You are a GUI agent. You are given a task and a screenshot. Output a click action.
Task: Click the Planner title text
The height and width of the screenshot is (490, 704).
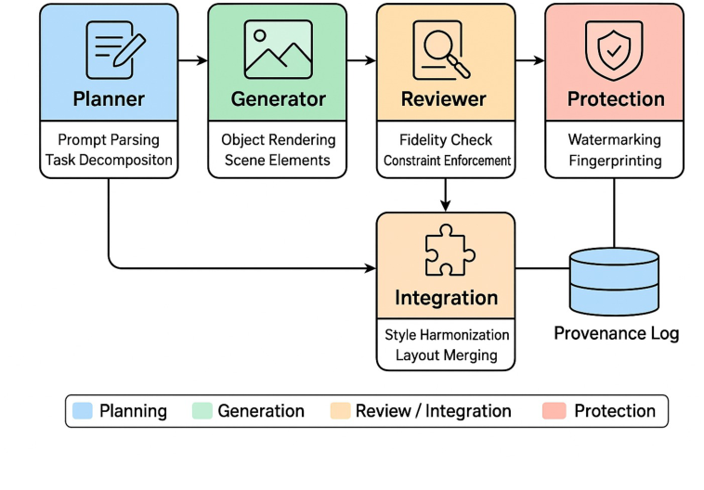pyautogui.click(x=110, y=99)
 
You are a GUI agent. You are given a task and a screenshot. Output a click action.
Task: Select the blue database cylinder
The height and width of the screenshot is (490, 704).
pyautogui.click(x=615, y=281)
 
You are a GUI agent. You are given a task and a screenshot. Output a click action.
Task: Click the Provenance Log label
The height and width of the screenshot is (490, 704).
pyautogui.click(x=616, y=333)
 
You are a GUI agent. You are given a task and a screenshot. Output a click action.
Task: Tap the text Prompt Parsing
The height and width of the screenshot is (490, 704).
pyautogui.click(x=110, y=140)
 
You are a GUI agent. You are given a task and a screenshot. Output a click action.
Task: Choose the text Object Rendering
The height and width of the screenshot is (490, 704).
pyautogui.click(x=278, y=140)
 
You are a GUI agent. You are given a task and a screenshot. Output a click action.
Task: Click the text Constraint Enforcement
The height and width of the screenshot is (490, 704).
pyautogui.click(x=447, y=161)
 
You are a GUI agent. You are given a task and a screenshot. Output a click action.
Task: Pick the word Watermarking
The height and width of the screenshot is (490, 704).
pyautogui.click(x=615, y=140)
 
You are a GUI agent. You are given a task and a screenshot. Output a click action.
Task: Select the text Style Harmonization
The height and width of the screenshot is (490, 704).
pyautogui.click(x=447, y=335)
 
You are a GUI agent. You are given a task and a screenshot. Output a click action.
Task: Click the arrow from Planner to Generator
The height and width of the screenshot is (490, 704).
pyautogui.click(x=192, y=61)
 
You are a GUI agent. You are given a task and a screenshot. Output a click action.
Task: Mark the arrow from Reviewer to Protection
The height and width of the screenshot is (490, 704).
pyautogui.click(x=529, y=61)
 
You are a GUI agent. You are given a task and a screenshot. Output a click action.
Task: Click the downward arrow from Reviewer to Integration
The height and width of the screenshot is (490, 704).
pyautogui.click(x=446, y=194)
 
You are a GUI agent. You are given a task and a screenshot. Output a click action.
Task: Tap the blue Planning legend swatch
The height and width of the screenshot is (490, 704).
pyautogui.click(x=82, y=411)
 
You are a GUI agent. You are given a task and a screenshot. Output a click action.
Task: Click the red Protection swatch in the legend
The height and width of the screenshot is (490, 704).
pyautogui.click(x=554, y=411)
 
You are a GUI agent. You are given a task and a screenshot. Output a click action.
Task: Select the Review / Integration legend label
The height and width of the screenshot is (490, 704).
pyautogui.click(x=433, y=411)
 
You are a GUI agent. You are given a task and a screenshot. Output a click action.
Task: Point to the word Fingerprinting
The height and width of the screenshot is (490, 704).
pyautogui.click(x=615, y=161)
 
